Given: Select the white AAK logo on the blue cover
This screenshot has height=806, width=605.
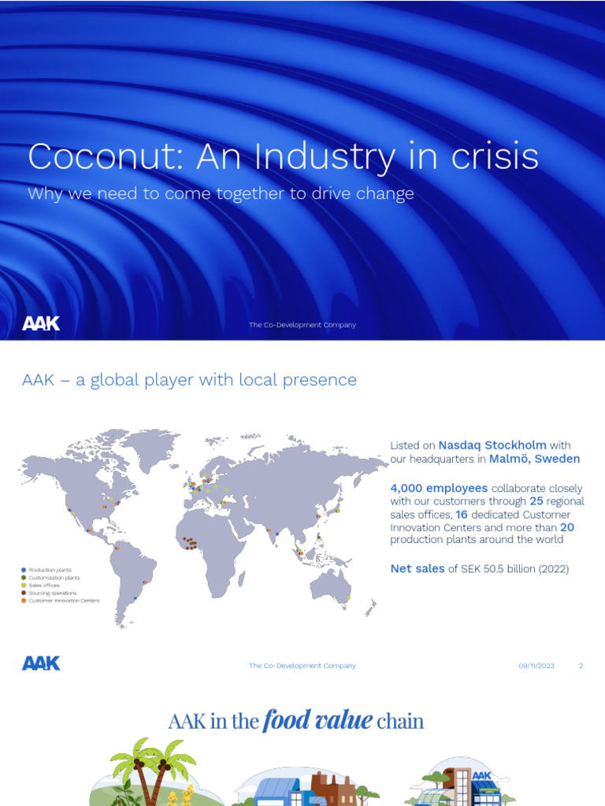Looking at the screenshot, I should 41,324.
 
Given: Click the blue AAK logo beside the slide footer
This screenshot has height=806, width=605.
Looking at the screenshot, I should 41,664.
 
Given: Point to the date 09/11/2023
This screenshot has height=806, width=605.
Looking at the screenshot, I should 536,666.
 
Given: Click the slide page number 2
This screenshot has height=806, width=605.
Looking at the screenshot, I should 581,666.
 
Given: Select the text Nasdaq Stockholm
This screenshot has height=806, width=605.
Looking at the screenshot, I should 492,446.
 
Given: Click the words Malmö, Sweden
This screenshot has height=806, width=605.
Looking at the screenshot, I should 534,459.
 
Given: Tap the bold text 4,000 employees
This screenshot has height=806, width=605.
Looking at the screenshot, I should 439,488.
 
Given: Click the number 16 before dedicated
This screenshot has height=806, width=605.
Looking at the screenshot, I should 462,514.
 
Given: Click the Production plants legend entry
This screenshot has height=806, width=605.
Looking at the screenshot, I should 50,569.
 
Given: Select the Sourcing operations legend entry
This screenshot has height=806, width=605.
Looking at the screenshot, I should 52,593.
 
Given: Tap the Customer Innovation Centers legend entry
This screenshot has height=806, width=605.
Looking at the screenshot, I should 63,601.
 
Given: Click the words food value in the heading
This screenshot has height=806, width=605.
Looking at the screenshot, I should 318,720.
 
